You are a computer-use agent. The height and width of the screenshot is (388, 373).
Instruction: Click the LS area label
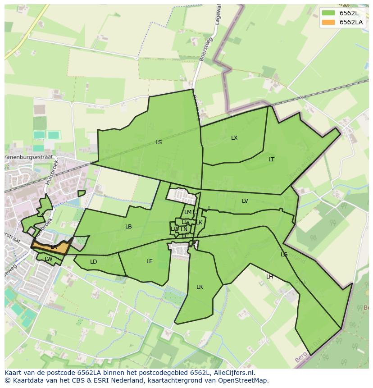click(159, 142)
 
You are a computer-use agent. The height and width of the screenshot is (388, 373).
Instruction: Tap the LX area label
click(234, 138)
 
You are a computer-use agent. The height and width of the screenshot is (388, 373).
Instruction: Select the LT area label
click(271, 160)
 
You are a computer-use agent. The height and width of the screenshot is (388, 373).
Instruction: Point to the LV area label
click(245, 201)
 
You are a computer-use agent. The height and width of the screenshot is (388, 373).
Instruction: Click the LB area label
click(128, 227)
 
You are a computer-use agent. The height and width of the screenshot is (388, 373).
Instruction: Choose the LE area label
click(150, 261)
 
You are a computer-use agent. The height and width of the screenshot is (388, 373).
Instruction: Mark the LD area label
click(93, 262)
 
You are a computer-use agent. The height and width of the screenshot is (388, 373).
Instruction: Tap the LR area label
click(200, 287)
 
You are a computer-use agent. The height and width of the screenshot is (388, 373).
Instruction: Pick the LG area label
click(284, 255)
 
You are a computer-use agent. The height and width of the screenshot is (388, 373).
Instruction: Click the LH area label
click(269, 277)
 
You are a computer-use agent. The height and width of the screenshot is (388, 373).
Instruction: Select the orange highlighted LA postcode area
click(52, 247)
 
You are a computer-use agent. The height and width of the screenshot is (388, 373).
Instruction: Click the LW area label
click(48, 259)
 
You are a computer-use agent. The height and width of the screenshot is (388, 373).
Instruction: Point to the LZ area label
click(40, 215)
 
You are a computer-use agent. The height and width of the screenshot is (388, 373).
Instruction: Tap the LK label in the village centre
click(199, 223)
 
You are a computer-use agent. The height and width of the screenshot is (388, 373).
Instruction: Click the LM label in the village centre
click(188, 212)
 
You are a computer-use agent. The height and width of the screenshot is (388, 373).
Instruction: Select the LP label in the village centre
click(173, 229)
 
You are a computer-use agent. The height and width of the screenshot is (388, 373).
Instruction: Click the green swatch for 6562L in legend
click(328, 13)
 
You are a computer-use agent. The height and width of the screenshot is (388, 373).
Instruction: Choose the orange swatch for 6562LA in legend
click(328, 22)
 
